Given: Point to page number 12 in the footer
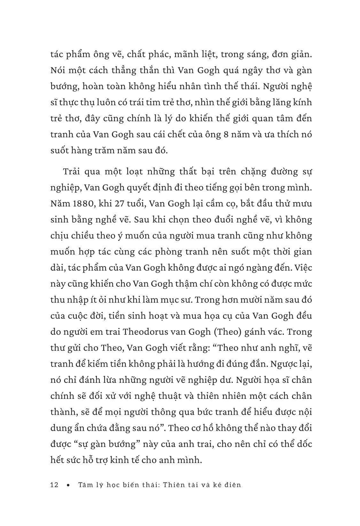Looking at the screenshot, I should click(x=55, y=485).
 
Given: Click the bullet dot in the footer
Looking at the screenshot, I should click(x=68, y=485).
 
